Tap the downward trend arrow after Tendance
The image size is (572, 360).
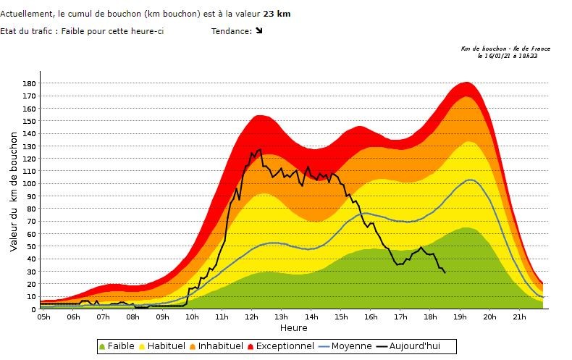click(x=259, y=31)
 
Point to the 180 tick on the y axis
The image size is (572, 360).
click(x=29, y=83)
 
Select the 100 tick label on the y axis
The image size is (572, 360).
click(x=29, y=184)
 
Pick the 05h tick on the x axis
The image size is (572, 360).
click(x=43, y=317)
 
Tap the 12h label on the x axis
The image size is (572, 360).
click(x=252, y=317)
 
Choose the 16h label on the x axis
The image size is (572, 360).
click(x=371, y=317)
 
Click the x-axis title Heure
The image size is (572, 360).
click(x=294, y=328)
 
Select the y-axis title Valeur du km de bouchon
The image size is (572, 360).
click(x=14, y=191)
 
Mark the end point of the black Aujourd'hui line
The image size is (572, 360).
click(x=445, y=272)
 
